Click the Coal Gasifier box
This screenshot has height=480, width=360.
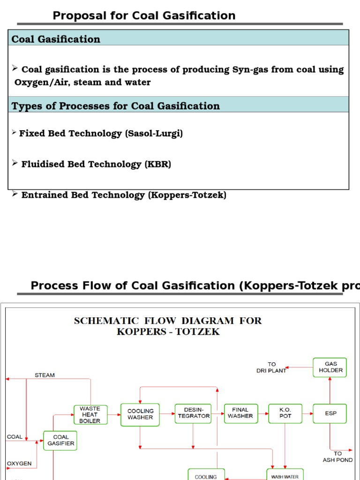tap(60, 441)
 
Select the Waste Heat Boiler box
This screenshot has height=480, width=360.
tap(90, 414)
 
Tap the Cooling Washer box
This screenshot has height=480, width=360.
tap(140, 414)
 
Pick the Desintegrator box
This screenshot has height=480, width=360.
tap(194, 413)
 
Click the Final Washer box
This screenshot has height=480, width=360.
tap(240, 413)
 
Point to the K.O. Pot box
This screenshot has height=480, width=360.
tap(285, 413)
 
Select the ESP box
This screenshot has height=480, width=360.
tap(330, 413)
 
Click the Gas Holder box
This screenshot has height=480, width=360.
tap(330, 367)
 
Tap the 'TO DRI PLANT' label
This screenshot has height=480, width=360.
tap(271, 367)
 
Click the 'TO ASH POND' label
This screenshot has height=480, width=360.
tap(337, 457)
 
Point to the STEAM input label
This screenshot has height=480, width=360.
tap(45, 375)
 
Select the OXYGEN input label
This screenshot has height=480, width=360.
tap(19, 464)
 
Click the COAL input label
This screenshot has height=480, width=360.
tap(15, 437)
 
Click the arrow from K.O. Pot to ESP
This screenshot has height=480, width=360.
tap(307, 413)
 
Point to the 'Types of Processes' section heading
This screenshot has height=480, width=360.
tap(115, 106)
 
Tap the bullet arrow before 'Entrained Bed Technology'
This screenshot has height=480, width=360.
tap(15, 194)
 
